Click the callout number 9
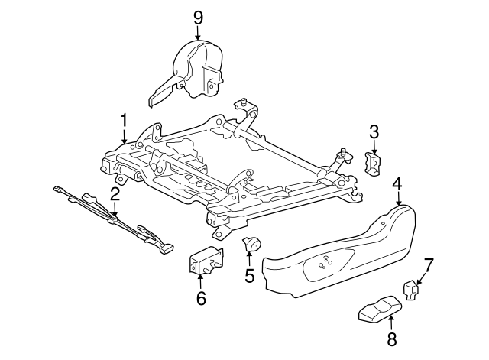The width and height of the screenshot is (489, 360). click(x=198, y=15)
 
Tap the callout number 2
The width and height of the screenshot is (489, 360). click(x=114, y=194)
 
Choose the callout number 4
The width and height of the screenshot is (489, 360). click(x=397, y=183)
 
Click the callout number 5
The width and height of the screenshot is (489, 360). click(x=249, y=275)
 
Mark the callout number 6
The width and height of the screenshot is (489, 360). click(x=201, y=297)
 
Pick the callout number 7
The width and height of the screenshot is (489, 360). click(x=429, y=265)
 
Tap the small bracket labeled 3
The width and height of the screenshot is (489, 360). click(x=374, y=164)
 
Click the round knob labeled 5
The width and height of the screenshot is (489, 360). click(x=251, y=245)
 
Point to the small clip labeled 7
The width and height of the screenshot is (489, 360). click(x=411, y=290)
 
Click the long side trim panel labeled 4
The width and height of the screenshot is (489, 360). click(x=344, y=252)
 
